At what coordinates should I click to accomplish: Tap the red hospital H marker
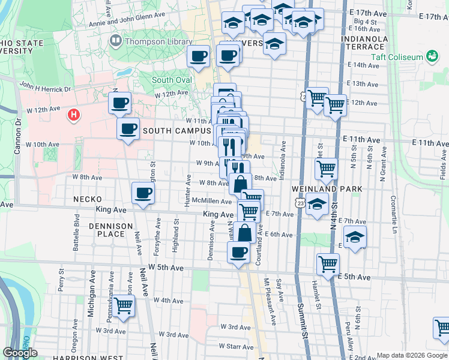tap(74, 114)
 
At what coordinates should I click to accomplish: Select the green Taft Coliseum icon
tap(431, 56)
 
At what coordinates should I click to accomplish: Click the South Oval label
tap(172, 80)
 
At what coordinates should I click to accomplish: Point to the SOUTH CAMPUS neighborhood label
tap(176, 130)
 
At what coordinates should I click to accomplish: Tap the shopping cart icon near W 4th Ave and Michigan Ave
tap(123, 305)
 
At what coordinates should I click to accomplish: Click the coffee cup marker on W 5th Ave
tap(239, 253)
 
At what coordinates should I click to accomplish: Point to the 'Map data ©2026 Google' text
tap(411, 355)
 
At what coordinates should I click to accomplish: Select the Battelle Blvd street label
tap(76, 229)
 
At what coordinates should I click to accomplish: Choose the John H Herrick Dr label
tap(44, 88)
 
